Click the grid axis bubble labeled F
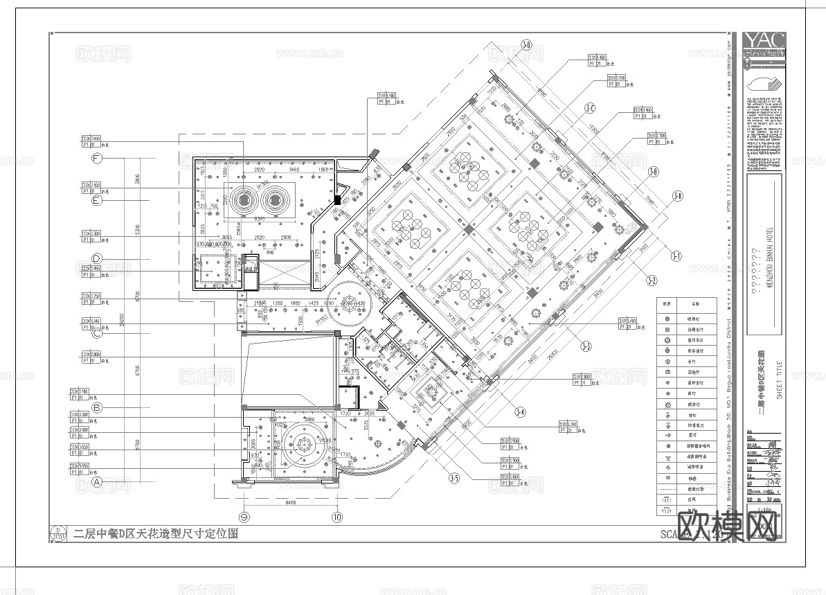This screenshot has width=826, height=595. tap(97, 159)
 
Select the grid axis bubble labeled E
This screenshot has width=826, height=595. tap(97, 201)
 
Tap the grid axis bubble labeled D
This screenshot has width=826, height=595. tap(97, 259)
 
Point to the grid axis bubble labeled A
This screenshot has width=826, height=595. tap(97, 481)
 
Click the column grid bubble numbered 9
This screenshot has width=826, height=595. tap(244, 516)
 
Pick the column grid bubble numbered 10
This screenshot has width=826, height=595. tap(337, 516)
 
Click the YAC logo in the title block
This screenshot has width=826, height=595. tap(764, 42)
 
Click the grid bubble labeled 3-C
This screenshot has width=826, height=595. tap(590, 108)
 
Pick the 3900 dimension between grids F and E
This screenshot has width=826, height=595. tap(138, 179)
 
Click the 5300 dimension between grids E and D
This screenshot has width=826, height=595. tap(138, 229)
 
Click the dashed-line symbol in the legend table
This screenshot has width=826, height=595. tap(667, 488)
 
